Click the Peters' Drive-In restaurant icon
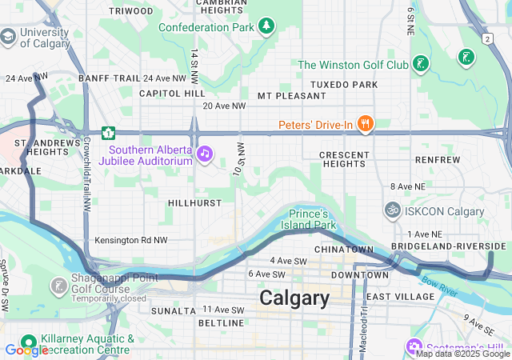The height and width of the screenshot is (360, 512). click(x=366, y=123)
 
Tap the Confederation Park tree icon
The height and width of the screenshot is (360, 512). click(x=266, y=27)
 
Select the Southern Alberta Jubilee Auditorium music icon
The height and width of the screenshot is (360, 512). click(x=205, y=152)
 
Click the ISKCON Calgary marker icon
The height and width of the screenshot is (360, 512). click(x=392, y=211)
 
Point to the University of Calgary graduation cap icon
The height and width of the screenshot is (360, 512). click(x=8, y=37)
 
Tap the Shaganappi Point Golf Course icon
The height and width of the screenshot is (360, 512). click(x=58, y=286)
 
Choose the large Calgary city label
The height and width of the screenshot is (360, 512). click(x=294, y=298)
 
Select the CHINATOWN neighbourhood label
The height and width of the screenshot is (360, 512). click(x=344, y=250)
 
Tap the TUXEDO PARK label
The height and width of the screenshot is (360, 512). click(x=343, y=84)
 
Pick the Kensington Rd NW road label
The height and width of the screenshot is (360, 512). click(x=131, y=240)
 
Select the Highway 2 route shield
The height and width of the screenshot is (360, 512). click(x=486, y=38)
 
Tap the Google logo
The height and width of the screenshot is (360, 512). click(x=26, y=350)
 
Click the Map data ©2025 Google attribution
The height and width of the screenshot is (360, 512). click(x=462, y=354)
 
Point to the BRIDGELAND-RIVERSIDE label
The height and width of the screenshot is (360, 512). click(x=449, y=246)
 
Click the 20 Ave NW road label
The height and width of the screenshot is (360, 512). click(x=224, y=106)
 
